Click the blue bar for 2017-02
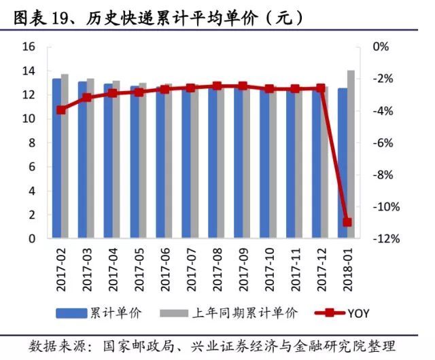[57, 158]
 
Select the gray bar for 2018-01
[351, 154]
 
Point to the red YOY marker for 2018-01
[347, 222]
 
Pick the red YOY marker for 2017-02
[61, 109]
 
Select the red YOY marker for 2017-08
[217, 86]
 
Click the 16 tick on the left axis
[28, 47]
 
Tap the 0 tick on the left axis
[31, 238]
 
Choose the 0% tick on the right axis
[381, 47]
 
